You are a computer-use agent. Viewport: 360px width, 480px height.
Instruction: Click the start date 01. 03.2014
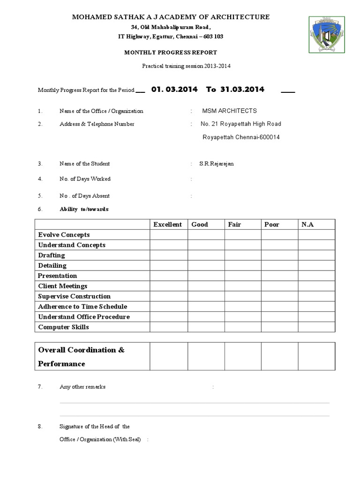(x=174, y=89)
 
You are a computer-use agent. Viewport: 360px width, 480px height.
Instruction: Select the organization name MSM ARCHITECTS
(x=229, y=111)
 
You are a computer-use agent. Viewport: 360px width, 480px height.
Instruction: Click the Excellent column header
(x=167, y=225)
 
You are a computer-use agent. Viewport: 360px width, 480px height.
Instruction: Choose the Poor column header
(x=271, y=225)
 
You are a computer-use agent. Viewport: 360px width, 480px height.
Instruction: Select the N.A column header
(x=307, y=225)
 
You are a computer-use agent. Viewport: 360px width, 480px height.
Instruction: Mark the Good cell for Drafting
(x=206, y=255)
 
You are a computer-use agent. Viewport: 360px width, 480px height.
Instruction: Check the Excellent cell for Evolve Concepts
(x=169, y=235)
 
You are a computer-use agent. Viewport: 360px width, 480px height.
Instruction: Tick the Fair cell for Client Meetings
(x=243, y=286)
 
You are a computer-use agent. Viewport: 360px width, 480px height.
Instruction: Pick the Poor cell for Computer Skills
(x=280, y=327)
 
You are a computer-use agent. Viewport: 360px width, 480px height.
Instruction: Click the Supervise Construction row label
(x=75, y=296)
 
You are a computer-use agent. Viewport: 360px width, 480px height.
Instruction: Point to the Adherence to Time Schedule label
(x=82, y=307)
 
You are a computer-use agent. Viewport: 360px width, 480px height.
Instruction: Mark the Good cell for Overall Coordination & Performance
(x=206, y=356)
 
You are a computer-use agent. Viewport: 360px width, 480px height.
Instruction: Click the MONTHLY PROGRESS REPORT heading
(x=171, y=52)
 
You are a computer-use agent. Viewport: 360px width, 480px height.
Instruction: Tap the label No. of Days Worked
(x=85, y=179)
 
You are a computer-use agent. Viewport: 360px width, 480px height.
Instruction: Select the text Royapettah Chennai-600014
(x=241, y=138)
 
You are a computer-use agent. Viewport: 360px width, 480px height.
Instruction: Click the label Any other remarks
(x=82, y=387)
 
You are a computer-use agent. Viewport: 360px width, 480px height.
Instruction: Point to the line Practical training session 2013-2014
(x=186, y=66)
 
